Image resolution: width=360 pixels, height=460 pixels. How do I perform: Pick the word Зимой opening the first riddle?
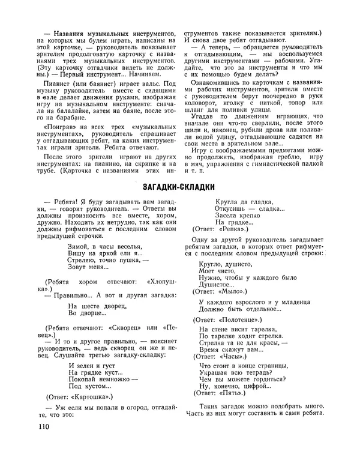[80, 246]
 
